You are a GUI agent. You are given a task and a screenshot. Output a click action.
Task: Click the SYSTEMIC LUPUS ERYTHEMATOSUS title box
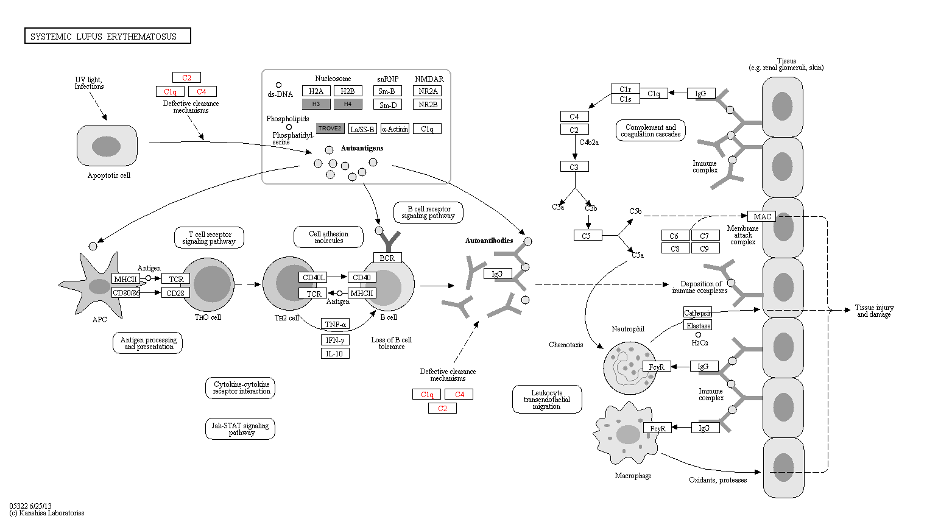107,36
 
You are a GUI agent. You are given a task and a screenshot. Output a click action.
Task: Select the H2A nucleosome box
316,91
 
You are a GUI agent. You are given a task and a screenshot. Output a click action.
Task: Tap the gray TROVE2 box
330,129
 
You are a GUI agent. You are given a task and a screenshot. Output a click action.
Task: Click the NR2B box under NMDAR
428,104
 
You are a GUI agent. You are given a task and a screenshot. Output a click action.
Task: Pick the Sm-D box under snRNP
387,105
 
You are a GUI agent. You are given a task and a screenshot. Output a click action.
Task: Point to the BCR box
387,258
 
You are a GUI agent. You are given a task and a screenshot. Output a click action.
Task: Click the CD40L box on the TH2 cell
313,277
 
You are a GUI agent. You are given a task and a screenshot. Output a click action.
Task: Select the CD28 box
175,293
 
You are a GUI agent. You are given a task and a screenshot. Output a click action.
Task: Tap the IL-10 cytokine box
335,353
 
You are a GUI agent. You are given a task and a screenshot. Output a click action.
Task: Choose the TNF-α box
335,325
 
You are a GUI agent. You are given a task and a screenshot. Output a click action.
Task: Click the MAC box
761,216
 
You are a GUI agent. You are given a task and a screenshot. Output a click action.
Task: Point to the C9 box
705,249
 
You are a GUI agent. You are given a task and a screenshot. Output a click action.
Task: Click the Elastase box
698,325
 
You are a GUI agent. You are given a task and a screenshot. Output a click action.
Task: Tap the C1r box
626,89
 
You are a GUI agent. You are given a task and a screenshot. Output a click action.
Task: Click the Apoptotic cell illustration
107,146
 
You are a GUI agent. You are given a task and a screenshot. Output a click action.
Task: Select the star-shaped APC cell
94,286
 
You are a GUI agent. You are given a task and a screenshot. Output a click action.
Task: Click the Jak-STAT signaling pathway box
240,429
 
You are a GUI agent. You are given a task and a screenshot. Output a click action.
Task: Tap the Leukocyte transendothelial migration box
547,400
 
